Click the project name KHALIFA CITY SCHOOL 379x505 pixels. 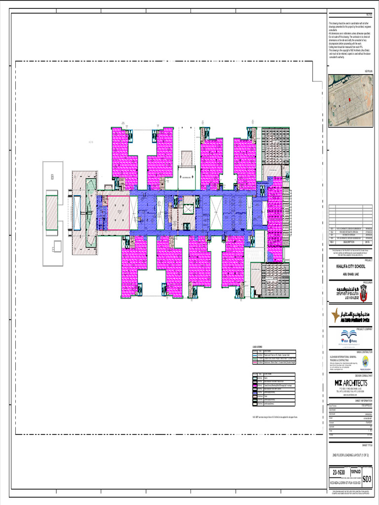click(351, 266)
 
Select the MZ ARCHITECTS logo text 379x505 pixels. click(351, 383)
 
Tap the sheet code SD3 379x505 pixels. click(367, 479)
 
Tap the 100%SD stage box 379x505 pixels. click(356, 473)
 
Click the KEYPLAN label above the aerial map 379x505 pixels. click(368, 71)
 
